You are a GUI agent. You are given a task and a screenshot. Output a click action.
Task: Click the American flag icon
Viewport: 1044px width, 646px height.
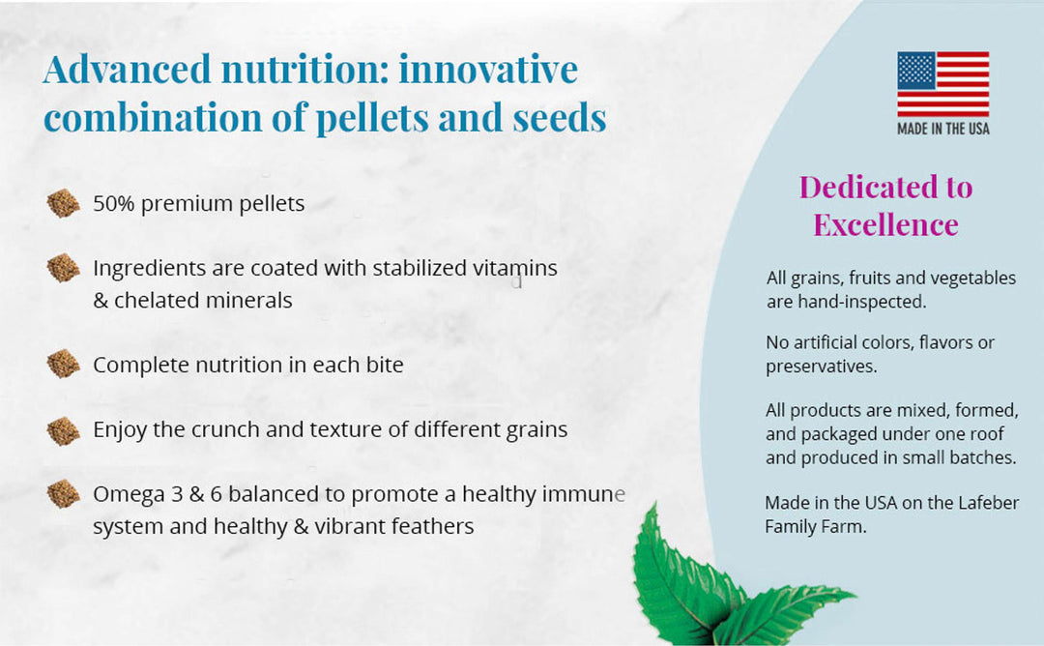[x=942, y=84]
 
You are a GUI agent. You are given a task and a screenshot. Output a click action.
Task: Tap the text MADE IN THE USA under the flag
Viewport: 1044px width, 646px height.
[x=942, y=129]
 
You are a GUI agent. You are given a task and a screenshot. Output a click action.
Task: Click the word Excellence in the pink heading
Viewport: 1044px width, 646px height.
[x=885, y=224]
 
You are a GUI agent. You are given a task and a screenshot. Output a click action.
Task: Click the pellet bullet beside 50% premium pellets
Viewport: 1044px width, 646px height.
[x=64, y=204]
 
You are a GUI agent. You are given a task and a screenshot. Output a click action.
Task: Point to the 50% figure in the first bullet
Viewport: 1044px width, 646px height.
[x=113, y=204]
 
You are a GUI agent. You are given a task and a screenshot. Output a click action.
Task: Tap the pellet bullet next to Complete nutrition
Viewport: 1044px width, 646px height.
[x=64, y=365]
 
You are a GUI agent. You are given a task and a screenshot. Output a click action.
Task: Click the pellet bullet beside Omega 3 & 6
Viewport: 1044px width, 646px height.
[x=64, y=494]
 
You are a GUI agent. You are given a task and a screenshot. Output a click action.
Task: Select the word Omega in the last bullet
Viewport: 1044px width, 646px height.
[x=126, y=494]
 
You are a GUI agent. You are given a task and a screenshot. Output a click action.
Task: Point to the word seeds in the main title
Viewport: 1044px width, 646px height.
[x=558, y=117]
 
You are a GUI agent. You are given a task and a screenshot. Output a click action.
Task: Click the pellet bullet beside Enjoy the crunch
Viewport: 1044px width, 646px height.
[x=64, y=429]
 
